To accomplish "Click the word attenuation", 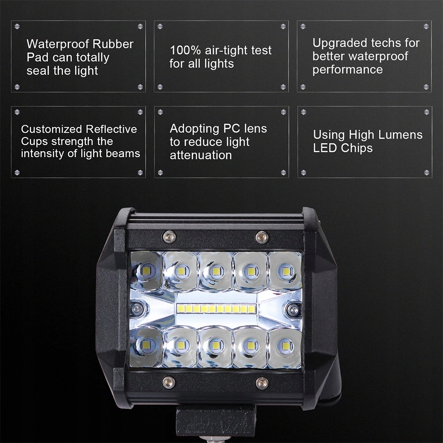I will click(201, 155).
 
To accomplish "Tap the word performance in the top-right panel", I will click(348, 70).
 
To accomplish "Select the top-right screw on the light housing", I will click(262, 237).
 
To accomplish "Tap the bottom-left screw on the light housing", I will click(168, 382).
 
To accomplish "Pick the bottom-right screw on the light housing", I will click(262, 382).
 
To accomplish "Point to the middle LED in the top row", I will click(215, 270).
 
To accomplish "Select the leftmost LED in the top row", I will click(148, 269).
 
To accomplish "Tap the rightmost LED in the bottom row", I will click(286, 346).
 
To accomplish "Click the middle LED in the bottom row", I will click(215, 345).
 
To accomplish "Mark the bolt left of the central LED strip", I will click(138, 309).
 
